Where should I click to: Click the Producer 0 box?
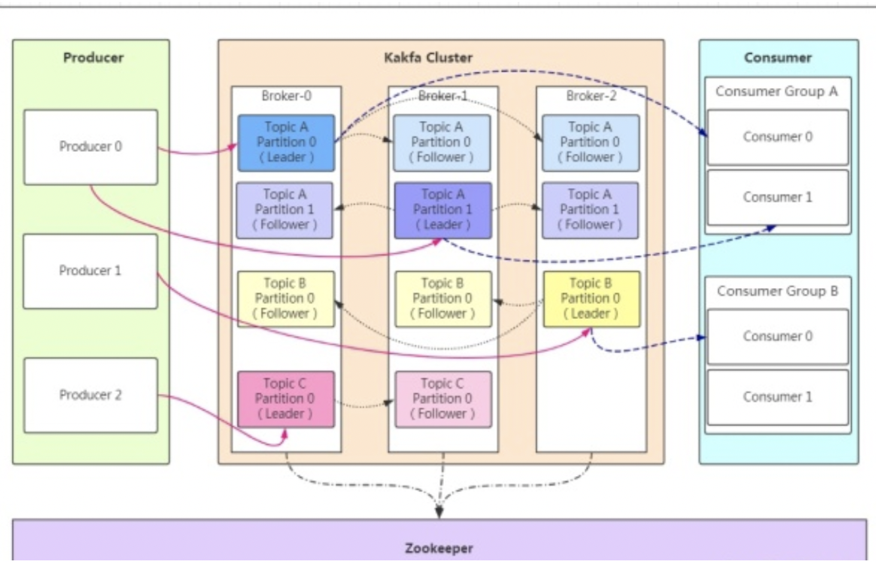pos(91,147)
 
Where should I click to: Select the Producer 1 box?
pos(90,271)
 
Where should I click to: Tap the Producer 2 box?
pos(91,395)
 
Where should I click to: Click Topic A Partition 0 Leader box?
pos(286,143)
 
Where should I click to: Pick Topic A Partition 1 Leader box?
pos(443,210)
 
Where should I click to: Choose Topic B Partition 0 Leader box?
pos(591,299)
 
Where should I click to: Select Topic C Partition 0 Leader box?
pos(285,399)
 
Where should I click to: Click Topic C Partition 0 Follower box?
pos(443,399)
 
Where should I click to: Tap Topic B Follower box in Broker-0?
pos(285,299)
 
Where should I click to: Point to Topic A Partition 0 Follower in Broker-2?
pos(590,143)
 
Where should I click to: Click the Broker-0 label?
pos(286,96)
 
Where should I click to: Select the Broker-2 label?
pos(591,96)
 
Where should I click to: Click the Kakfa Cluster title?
pos(428,58)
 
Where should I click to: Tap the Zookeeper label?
pos(439,548)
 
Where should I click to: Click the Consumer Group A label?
pos(777,91)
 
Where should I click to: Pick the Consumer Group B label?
pos(777,291)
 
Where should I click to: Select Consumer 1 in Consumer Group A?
pos(777,197)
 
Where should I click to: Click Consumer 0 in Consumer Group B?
pos(777,337)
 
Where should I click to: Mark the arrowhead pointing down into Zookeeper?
pos(439,513)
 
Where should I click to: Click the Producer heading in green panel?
pos(93,58)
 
